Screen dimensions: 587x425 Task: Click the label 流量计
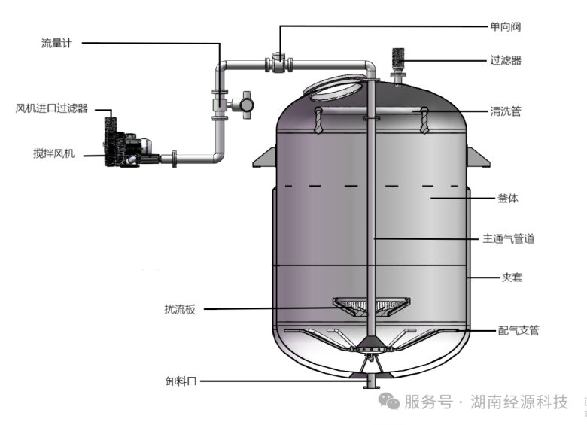[x=56, y=44]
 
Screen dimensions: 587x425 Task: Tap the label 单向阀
[x=506, y=26]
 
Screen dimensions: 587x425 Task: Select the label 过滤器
[x=506, y=60]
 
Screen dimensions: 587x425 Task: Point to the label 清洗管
[x=506, y=111]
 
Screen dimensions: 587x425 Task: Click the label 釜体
[x=508, y=199]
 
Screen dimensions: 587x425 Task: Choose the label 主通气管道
[x=509, y=238]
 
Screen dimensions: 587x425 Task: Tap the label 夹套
[x=512, y=278]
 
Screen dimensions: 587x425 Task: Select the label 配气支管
[x=519, y=330]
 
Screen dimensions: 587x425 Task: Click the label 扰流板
[x=180, y=309]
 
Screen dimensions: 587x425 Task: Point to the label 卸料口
[x=181, y=381]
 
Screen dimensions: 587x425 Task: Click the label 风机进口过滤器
[x=52, y=108]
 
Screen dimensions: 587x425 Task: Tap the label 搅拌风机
[x=54, y=153]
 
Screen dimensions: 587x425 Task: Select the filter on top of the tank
[x=398, y=65]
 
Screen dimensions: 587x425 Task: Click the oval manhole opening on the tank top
[x=334, y=88]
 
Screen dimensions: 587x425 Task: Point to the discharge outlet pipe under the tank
[x=370, y=381]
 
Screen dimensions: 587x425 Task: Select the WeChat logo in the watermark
[x=388, y=401]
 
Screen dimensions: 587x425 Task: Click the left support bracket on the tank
[x=265, y=158]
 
